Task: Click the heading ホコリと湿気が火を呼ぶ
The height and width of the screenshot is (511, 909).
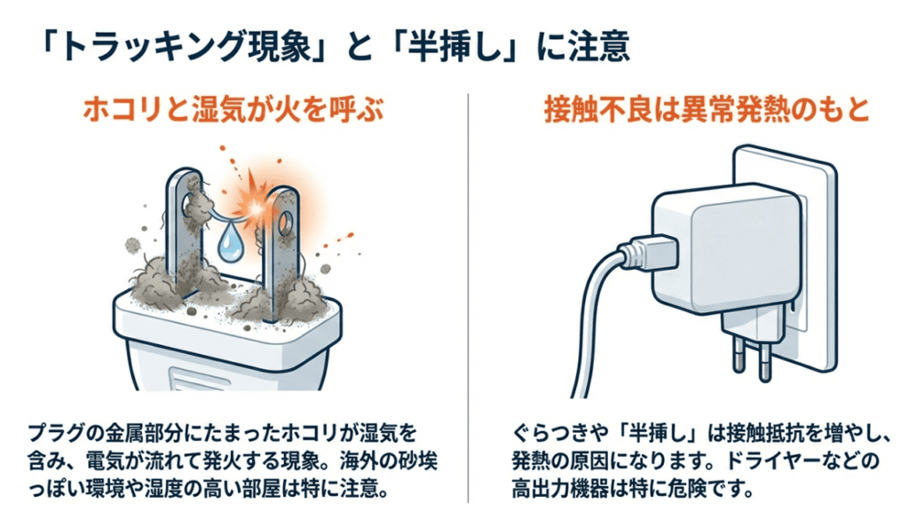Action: point(228,113)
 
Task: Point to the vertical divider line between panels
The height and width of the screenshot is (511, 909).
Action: point(467,293)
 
